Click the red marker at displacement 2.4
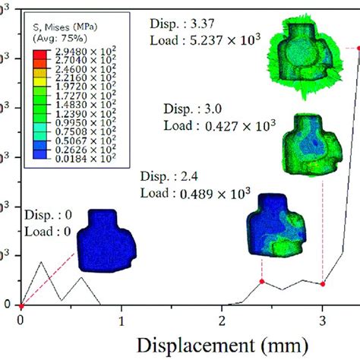point(262,282)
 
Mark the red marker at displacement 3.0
point(323,284)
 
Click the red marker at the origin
point(21,305)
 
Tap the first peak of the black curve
point(41,263)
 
